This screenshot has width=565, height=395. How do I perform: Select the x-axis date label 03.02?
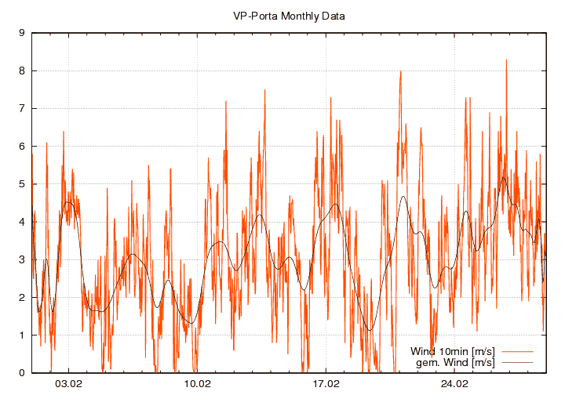click(x=69, y=384)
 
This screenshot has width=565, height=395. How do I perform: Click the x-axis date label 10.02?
click(x=198, y=384)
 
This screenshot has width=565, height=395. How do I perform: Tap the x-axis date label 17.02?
click(x=326, y=384)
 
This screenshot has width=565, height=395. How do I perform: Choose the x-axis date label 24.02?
click(x=455, y=384)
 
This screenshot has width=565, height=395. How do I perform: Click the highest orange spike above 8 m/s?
click(x=506, y=61)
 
